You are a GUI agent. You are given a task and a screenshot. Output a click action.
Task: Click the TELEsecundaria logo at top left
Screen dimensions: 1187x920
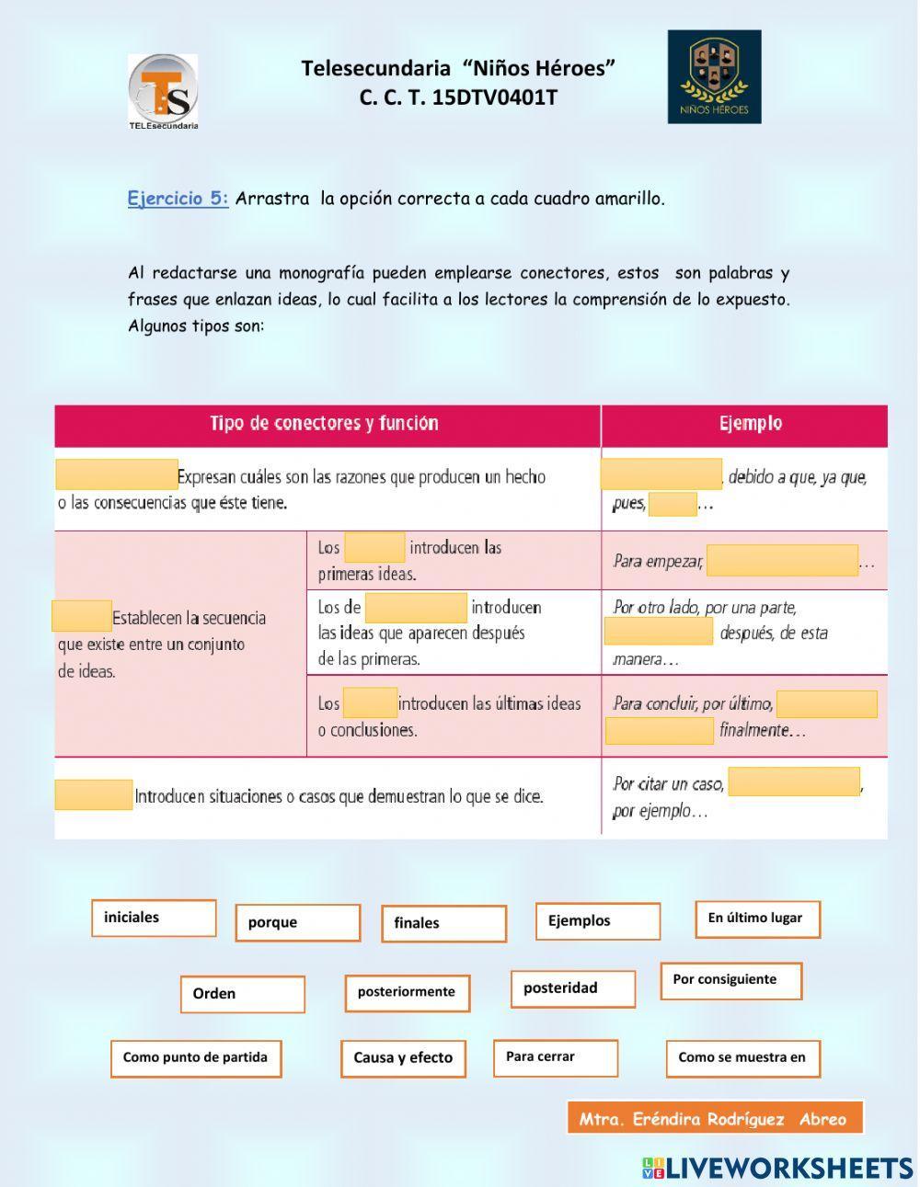(x=163, y=91)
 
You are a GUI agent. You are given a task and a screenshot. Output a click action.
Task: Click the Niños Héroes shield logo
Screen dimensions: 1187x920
(x=714, y=76)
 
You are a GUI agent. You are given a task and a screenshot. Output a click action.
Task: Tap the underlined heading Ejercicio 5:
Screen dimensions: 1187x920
(x=178, y=199)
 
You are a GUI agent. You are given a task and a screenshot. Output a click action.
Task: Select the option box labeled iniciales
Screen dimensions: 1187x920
(x=154, y=918)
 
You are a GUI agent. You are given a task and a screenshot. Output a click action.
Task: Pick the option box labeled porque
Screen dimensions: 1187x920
(x=297, y=922)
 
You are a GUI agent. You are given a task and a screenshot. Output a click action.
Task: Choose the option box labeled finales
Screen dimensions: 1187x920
(x=443, y=923)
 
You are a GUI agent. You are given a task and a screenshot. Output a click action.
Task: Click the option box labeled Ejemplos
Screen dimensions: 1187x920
(x=598, y=920)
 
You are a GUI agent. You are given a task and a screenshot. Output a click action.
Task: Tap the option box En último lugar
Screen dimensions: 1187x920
(x=757, y=919)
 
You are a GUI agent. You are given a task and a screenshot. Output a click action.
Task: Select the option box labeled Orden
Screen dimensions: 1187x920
(x=242, y=994)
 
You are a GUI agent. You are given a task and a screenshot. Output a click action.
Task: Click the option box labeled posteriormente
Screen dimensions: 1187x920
(x=408, y=992)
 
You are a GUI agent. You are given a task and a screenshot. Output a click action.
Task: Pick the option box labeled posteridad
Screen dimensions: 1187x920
(x=573, y=988)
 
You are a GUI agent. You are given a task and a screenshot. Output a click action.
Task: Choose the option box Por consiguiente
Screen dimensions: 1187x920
(x=730, y=980)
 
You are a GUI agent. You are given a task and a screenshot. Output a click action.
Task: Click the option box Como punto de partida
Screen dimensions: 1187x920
(x=196, y=1058)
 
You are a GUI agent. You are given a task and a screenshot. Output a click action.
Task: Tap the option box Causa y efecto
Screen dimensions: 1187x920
(x=403, y=1058)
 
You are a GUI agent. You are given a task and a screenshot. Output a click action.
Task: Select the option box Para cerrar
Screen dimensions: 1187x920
(x=555, y=1057)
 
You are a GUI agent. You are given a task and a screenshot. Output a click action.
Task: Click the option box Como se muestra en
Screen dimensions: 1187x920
(x=742, y=1058)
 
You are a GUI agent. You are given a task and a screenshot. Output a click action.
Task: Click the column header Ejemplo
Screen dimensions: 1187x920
(x=750, y=424)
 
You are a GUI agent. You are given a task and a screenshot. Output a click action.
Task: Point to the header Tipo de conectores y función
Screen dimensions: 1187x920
(x=324, y=424)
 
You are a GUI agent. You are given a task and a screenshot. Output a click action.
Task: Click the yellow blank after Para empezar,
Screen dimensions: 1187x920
(x=782, y=561)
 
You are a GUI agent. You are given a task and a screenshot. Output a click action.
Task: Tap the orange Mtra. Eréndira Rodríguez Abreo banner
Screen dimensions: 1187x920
(x=715, y=1118)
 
